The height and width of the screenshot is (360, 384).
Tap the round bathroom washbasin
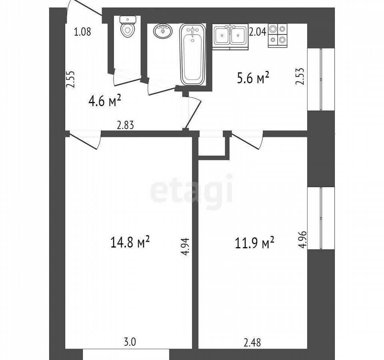coord(163,31)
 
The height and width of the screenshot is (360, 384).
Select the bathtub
coord(192,54)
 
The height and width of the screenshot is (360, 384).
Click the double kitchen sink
coord(230,37)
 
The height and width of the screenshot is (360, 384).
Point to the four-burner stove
coord(278,36)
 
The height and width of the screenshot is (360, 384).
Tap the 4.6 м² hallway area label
coord(105,101)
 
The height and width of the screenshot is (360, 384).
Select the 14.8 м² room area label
coord(130,242)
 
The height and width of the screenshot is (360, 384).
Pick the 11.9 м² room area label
coord(254,243)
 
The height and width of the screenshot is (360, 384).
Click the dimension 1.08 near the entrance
coord(82,32)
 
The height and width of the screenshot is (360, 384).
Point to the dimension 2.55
coord(70,80)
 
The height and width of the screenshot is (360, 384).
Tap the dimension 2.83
coord(126,125)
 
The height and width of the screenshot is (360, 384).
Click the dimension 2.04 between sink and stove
coord(258,32)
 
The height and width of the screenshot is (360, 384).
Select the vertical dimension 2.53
coord(300,76)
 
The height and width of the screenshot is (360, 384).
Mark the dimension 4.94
coord(185,246)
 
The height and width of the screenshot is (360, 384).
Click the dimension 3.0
coord(130,342)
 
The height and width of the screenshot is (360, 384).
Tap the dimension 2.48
coord(252,342)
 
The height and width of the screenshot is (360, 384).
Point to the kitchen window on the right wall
coord(321,79)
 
